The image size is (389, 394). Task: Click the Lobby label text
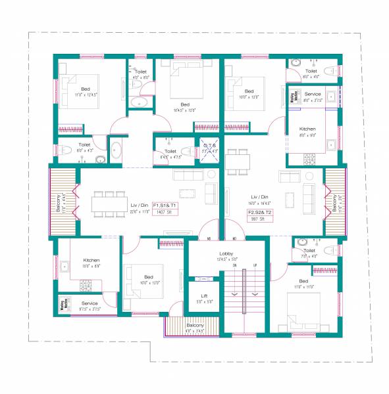[226, 253]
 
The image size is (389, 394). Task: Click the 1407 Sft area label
[164, 213]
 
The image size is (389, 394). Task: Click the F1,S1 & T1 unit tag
[165, 205]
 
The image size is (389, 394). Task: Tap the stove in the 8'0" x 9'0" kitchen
[309, 158]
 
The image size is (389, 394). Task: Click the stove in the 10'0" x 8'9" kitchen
[86, 284]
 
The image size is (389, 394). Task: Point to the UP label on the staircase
[255, 265]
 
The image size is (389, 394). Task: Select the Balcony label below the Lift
[194, 325]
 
